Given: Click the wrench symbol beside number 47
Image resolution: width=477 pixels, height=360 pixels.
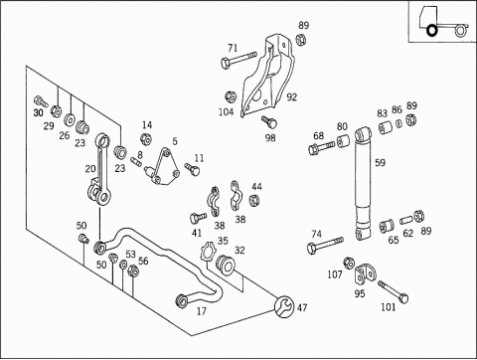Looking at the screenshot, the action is [x=284, y=306].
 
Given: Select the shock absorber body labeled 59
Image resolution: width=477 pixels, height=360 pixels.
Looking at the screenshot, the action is [x=364, y=184].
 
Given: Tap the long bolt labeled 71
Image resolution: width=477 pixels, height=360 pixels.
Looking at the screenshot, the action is [x=238, y=59].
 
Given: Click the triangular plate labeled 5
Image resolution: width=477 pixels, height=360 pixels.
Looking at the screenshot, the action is [x=163, y=167].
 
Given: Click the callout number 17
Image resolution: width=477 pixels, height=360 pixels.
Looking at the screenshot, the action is [x=202, y=311].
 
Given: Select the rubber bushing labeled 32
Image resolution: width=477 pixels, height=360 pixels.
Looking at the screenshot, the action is [x=226, y=265].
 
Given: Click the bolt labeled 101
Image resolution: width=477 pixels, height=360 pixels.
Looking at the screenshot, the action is [x=394, y=291].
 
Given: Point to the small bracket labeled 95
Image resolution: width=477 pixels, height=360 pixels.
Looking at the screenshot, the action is [x=365, y=273].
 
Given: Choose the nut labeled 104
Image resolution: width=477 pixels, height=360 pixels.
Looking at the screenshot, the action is [x=231, y=96].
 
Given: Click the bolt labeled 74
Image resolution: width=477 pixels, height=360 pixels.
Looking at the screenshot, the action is [x=325, y=245].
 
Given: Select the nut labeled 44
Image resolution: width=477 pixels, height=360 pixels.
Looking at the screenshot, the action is [x=253, y=200].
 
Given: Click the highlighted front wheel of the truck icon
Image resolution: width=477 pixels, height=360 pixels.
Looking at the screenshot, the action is [x=432, y=30].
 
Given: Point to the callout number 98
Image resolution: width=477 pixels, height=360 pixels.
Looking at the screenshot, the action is [x=270, y=137].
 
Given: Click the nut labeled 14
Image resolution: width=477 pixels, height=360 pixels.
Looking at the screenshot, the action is [x=145, y=139].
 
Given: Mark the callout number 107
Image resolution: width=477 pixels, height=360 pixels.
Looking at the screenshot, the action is [x=335, y=274].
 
